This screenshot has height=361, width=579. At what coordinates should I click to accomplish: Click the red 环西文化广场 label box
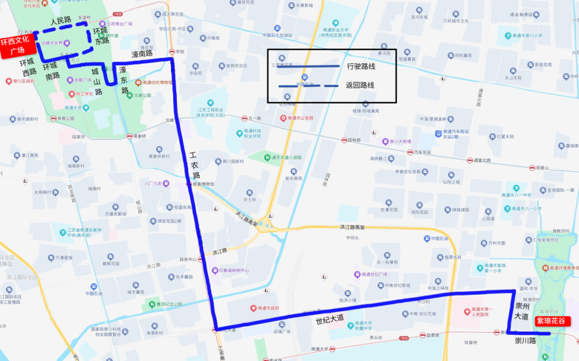coord(18,46)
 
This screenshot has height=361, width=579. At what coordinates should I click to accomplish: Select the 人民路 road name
coord(61,21)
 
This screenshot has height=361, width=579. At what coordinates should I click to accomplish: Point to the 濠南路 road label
coord(142,54)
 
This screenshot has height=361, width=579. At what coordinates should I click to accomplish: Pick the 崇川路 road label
coord(525,341)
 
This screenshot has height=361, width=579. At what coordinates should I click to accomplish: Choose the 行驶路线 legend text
coord(361,66)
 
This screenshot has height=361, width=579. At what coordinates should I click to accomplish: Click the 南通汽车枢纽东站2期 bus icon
coord(438,132)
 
